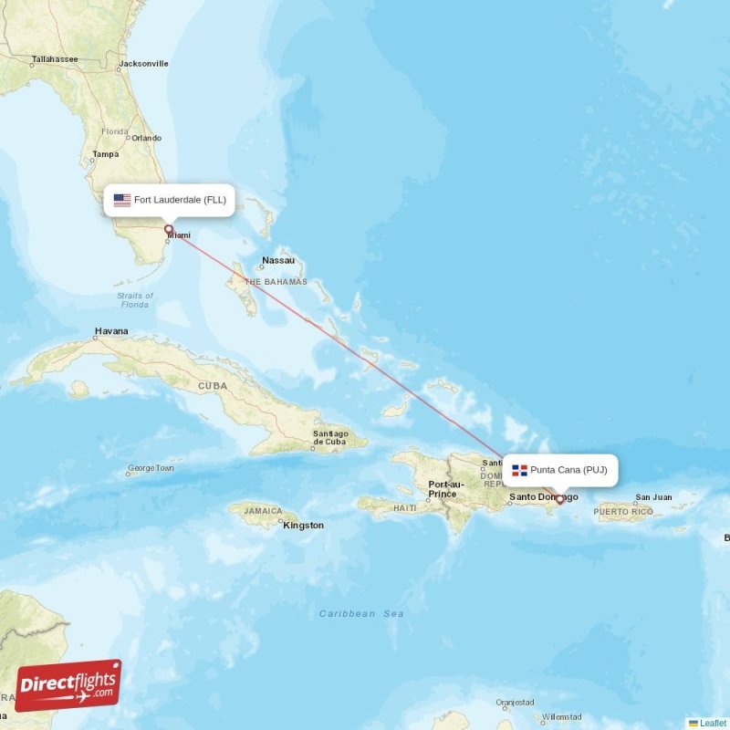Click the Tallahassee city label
[56, 59]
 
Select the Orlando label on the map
[146, 138]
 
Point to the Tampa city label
[105, 154]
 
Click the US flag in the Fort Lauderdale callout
[121, 199]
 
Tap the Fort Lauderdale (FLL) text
[180, 199]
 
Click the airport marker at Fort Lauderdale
[169, 229]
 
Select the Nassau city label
[278, 260]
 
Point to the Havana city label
[111, 331]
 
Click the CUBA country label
[213, 386]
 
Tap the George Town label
[151, 468]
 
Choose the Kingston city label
[303, 525]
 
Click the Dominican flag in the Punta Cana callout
[519, 470]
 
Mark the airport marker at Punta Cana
[559, 499]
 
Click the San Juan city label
[653, 497]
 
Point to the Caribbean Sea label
[361, 614]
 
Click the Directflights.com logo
[68, 685]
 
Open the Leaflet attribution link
[712, 723]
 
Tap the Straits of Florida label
[135, 299]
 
